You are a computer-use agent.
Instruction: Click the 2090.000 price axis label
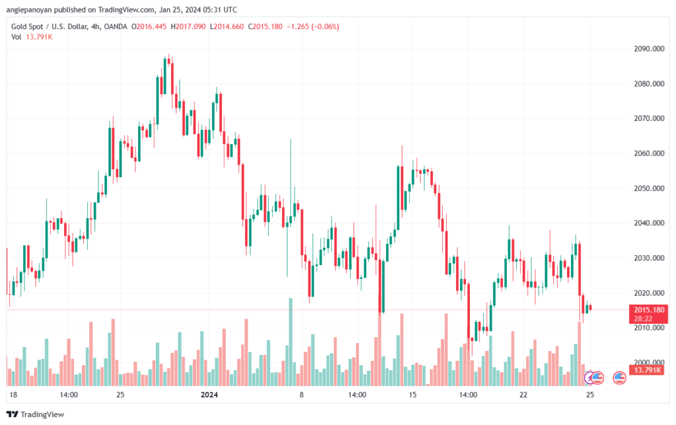[x=649, y=49]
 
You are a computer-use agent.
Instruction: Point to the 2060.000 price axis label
[x=649, y=153]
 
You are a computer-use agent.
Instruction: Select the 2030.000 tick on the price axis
[x=649, y=258]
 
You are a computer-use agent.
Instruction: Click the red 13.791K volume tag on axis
[x=648, y=370]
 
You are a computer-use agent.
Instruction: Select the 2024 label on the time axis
[x=209, y=395]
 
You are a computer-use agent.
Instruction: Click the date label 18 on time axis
[x=13, y=395]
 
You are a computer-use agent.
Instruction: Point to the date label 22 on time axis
[x=524, y=395]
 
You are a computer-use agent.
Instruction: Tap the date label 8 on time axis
[x=302, y=395]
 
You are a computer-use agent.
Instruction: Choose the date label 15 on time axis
[x=413, y=395]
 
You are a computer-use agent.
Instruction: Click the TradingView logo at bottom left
[x=36, y=414]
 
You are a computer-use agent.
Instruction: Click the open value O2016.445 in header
[x=149, y=26]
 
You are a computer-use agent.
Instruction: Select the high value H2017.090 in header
[x=188, y=26]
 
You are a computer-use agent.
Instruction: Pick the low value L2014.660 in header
[x=227, y=26]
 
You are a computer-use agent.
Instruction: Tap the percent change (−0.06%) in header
[x=325, y=26]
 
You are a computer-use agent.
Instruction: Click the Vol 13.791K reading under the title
[x=32, y=37]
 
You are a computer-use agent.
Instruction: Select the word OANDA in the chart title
[x=116, y=26]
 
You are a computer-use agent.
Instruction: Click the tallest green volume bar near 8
[x=290, y=342]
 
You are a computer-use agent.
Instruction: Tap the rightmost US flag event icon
[x=619, y=378]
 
